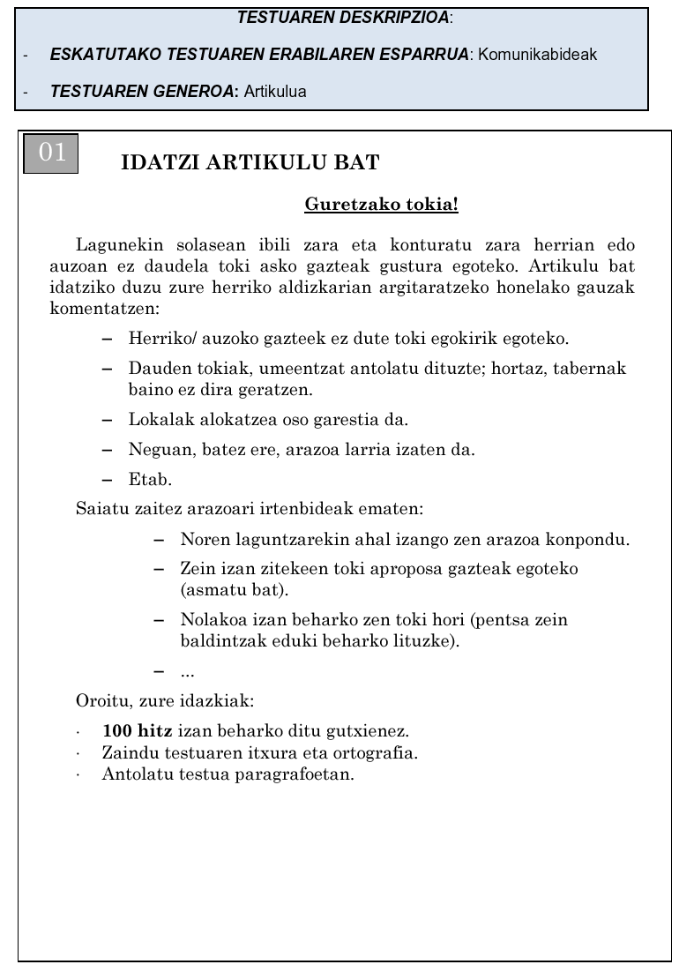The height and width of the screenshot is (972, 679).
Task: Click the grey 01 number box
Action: point(51,153)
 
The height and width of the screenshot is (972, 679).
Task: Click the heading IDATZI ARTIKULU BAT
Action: point(250,163)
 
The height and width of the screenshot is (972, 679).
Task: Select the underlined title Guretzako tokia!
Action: point(381,205)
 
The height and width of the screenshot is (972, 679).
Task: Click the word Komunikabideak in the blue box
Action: point(537,55)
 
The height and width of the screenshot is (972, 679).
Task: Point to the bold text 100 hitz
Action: point(138,731)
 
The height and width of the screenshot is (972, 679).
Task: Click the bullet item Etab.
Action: point(150,480)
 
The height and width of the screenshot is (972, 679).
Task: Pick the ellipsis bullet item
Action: point(187,672)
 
